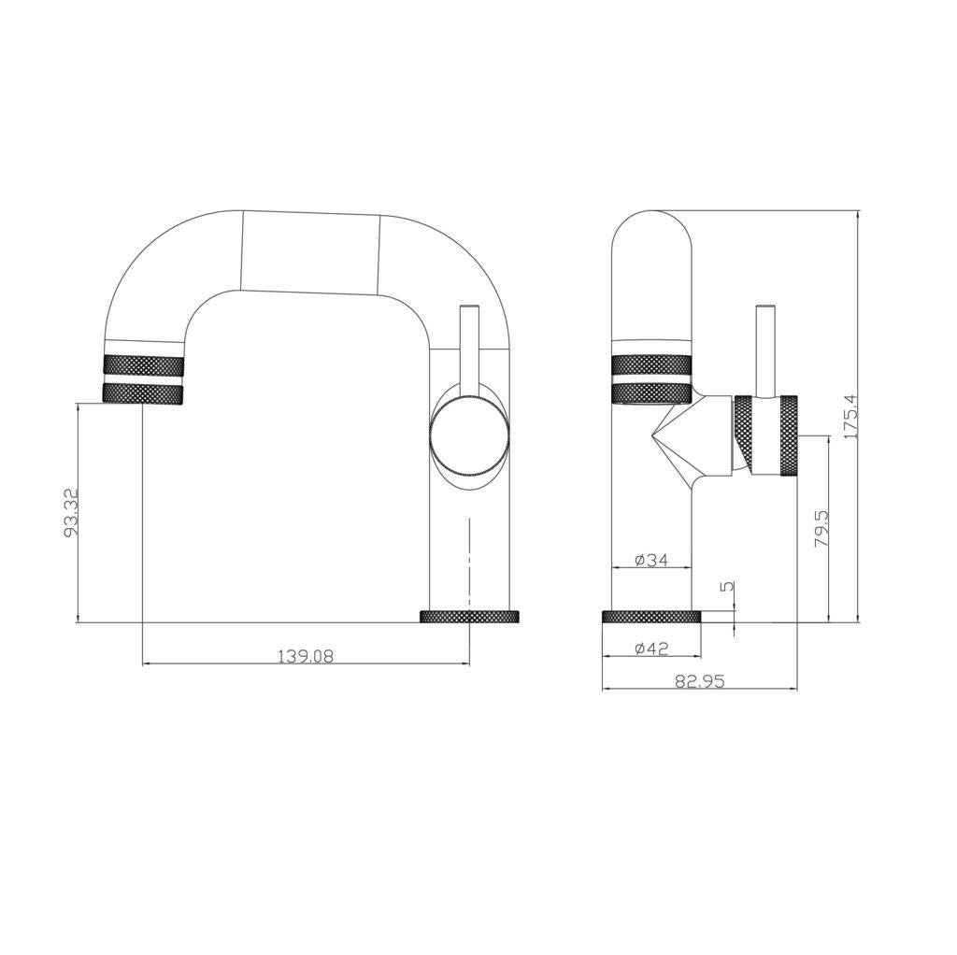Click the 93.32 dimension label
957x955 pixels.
click(70, 512)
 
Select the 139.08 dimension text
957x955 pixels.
click(305, 656)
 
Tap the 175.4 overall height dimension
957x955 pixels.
click(849, 417)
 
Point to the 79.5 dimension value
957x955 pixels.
click(821, 529)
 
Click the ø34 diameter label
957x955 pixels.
click(650, 560)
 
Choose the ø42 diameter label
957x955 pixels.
click(650, 649)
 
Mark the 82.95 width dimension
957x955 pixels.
click(700, 682)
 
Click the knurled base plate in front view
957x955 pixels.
click(469, 617)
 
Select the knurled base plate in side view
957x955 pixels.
click(650, 617)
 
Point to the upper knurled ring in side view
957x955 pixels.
click(651, 364)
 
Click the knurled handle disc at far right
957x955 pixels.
click(788, 436)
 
